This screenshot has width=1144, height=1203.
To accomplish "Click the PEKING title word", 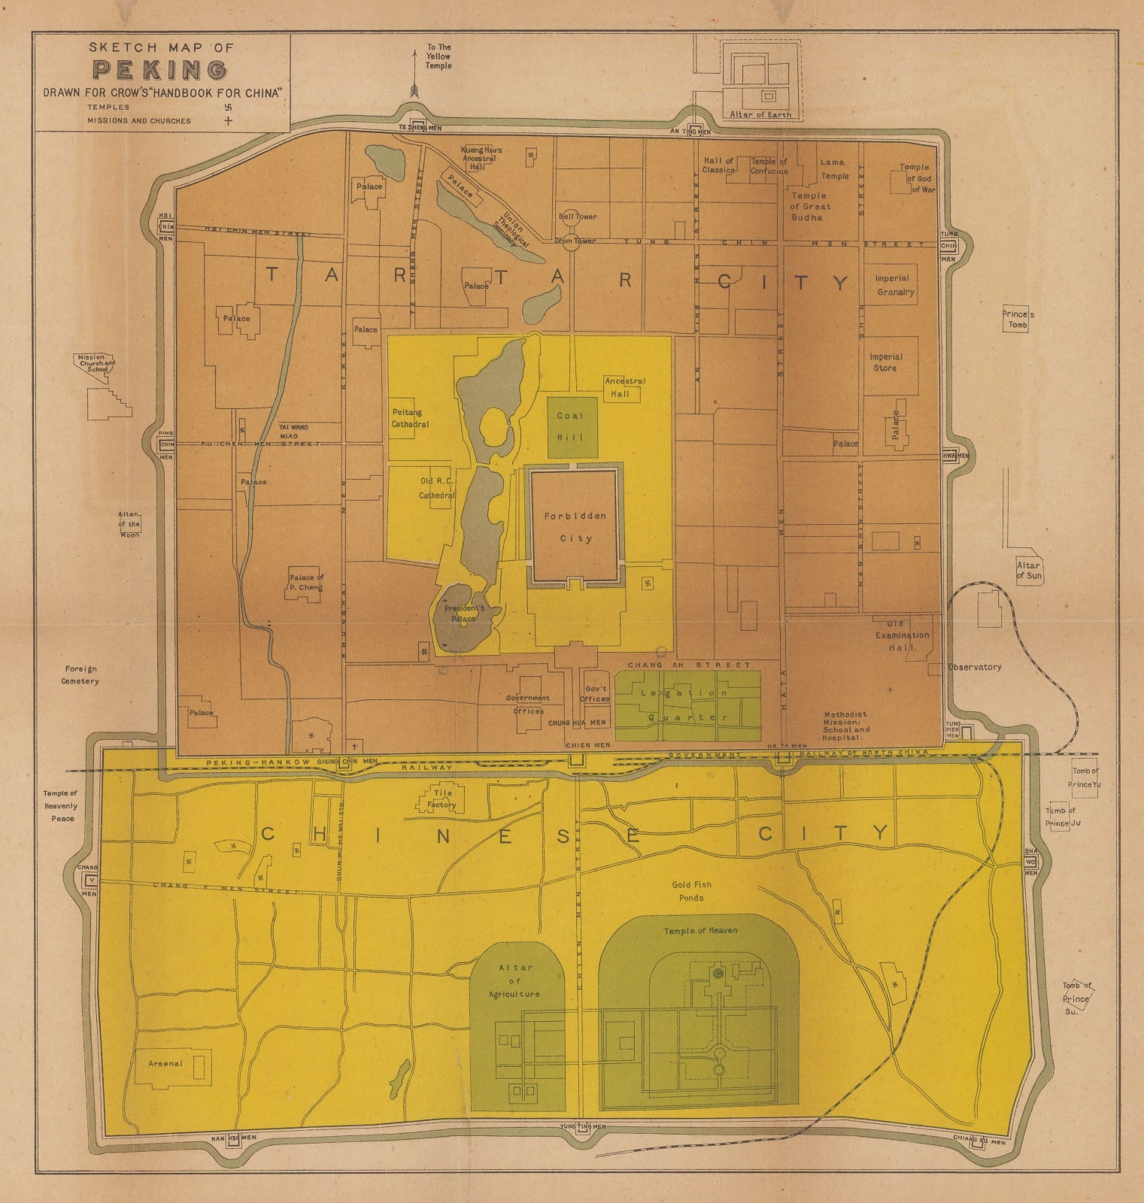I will point(159,71).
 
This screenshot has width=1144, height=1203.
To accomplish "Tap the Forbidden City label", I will point(575,527).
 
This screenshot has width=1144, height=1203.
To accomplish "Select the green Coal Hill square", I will point(572,426).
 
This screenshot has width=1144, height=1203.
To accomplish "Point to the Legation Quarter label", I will point(687,705).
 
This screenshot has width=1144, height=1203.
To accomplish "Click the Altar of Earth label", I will point(760,115).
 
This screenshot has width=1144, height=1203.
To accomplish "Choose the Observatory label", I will point(974,667).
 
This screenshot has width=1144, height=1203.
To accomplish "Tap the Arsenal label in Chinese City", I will point(165,1063).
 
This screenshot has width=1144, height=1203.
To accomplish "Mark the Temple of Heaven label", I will point(700,931).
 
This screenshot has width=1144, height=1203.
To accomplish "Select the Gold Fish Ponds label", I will point(691,891).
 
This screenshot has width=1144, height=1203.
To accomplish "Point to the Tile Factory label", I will point(442,798).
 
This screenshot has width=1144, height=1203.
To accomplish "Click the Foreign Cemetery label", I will point(80,674).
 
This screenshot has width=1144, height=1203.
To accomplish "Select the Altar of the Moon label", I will point(129,524).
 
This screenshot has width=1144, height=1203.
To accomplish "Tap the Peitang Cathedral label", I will point(410,418).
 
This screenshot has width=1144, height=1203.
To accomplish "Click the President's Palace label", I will point(464,613).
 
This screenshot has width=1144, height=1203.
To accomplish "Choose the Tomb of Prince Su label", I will point(1076,998).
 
